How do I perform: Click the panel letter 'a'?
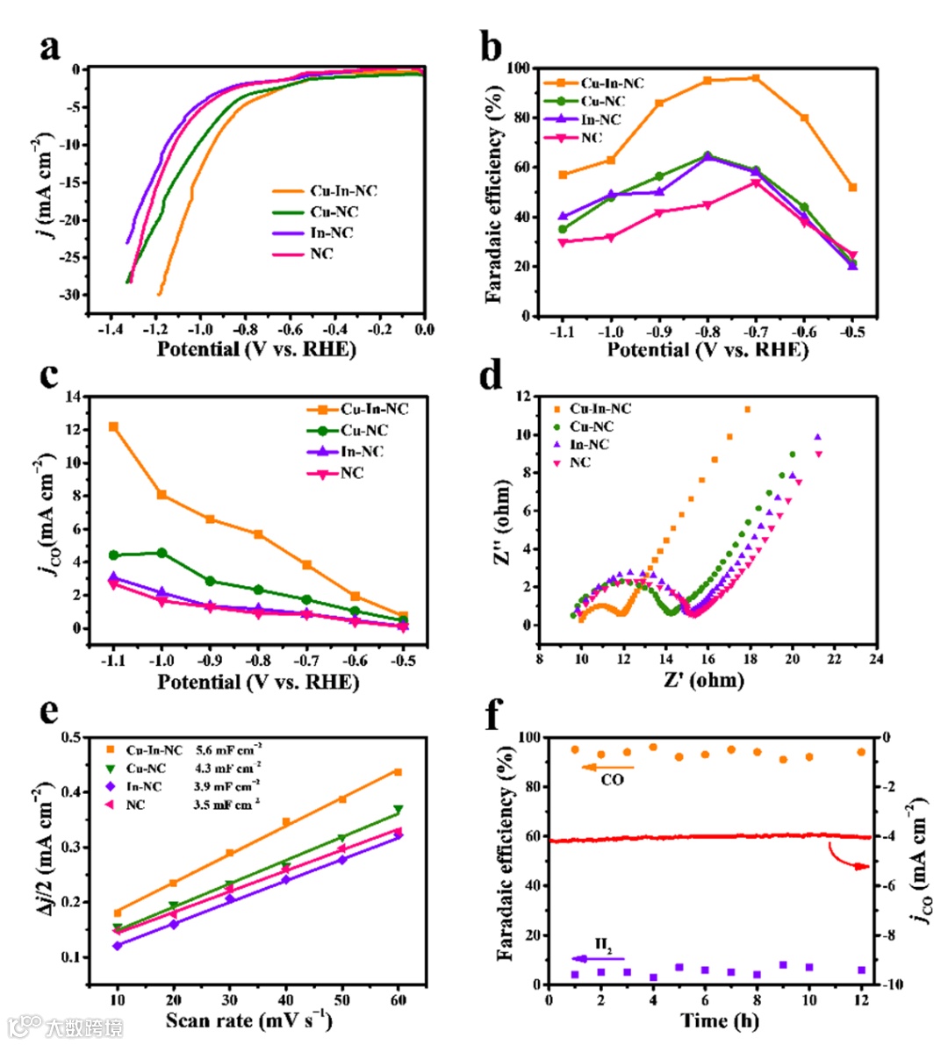click(x=50, y=47)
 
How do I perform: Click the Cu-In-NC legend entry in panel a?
click(x=343, y=191)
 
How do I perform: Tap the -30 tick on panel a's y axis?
click(x=69, y=295)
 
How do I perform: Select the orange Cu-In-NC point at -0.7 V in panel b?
click(x=755, y=78)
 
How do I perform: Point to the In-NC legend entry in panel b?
click(x=600, y=119)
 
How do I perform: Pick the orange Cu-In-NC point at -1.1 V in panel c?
click(x=113, y=426)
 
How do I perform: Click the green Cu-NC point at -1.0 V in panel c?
click(x=162, y=553)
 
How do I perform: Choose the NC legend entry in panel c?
click(x=352, y=473)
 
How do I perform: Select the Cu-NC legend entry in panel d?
click(x=592, y=426)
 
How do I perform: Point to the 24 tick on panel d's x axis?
click(x=875, y=659)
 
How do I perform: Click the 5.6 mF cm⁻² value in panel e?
click(x=227, y=750)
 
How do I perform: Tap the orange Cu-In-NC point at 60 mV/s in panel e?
click(x=398, y=772)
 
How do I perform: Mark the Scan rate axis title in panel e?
click(x=248, y=1020)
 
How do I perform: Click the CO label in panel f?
click(x=612, y=779)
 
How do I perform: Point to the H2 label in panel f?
click(x=603, y=945)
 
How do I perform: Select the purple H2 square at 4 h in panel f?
click(x=653, y=977)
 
